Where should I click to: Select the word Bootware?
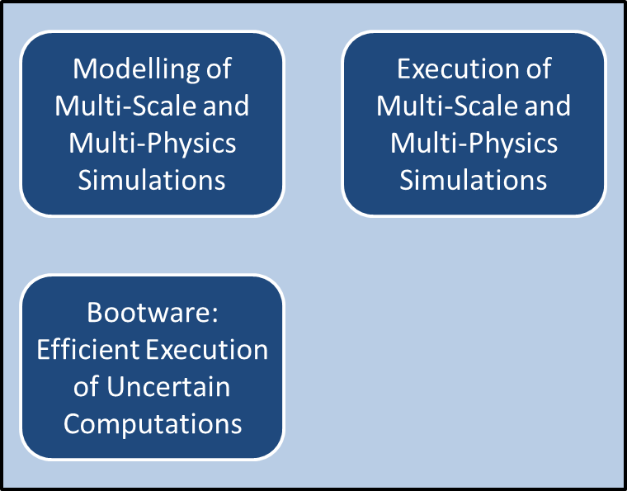point(153,312)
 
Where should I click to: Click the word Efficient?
point(88,350)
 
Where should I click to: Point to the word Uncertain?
point(168,387)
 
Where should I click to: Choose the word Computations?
point(153,424)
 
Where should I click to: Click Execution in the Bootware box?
point(206,350)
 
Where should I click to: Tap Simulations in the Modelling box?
point(152,181)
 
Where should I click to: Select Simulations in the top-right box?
point(474,181)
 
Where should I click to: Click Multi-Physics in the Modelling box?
point(153,144)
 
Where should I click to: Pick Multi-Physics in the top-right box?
point(474,144)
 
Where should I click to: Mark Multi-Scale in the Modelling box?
point(126,106)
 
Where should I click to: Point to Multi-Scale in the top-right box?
point(448,106)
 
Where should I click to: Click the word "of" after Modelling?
point(219,68)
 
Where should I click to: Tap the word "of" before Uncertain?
point(87,387)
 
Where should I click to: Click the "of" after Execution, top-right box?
point(539,68)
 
